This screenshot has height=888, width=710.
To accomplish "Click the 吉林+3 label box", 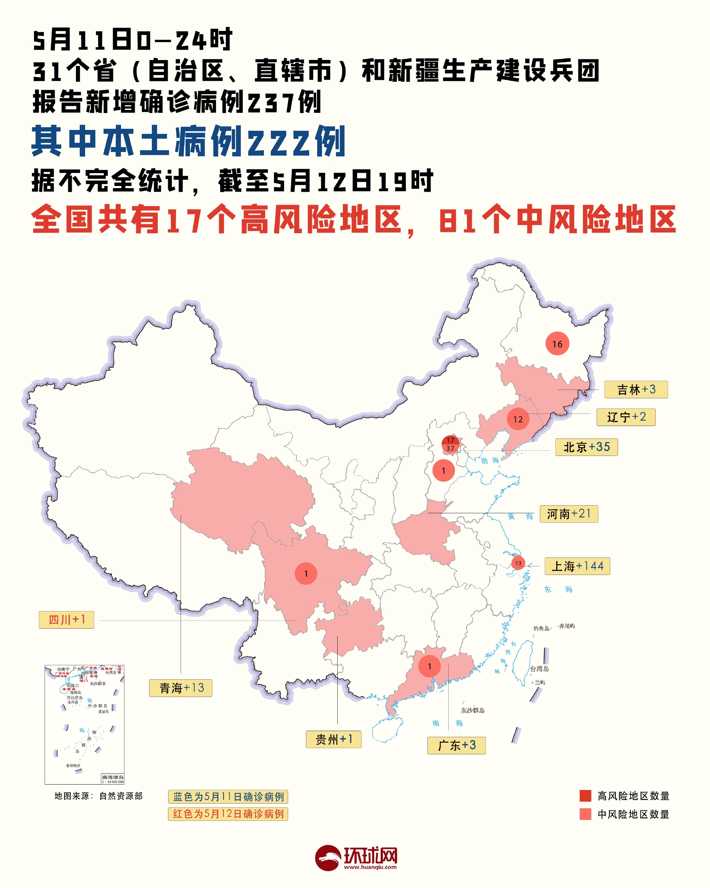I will [636, 389].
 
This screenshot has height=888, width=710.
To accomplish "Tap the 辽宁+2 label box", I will [626, 417].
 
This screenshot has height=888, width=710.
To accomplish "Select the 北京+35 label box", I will [586, 447].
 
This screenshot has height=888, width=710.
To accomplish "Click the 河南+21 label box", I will [569, 514].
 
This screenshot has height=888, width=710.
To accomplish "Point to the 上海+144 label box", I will [577, 566].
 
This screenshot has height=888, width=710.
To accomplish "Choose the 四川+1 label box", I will [66, 619].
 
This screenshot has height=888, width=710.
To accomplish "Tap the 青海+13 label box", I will [181, 688].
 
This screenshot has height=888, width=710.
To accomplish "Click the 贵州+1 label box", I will [334, 739].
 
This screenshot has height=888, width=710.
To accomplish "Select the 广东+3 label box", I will [457, 745].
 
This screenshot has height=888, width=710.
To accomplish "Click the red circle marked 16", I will [557, 344].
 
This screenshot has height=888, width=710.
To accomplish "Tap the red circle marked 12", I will [518, 419].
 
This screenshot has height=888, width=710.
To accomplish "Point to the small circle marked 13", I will [518, 563].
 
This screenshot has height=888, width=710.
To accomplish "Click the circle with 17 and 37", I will [450, 444].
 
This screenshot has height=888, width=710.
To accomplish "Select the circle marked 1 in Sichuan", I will [306, 573].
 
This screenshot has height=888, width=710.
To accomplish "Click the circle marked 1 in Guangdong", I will [429, 666].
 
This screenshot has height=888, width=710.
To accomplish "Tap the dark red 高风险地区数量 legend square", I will [585, 796].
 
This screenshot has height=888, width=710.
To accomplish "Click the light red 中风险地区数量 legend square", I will [585, 814].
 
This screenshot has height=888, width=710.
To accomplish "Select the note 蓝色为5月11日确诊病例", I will [228, 797].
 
